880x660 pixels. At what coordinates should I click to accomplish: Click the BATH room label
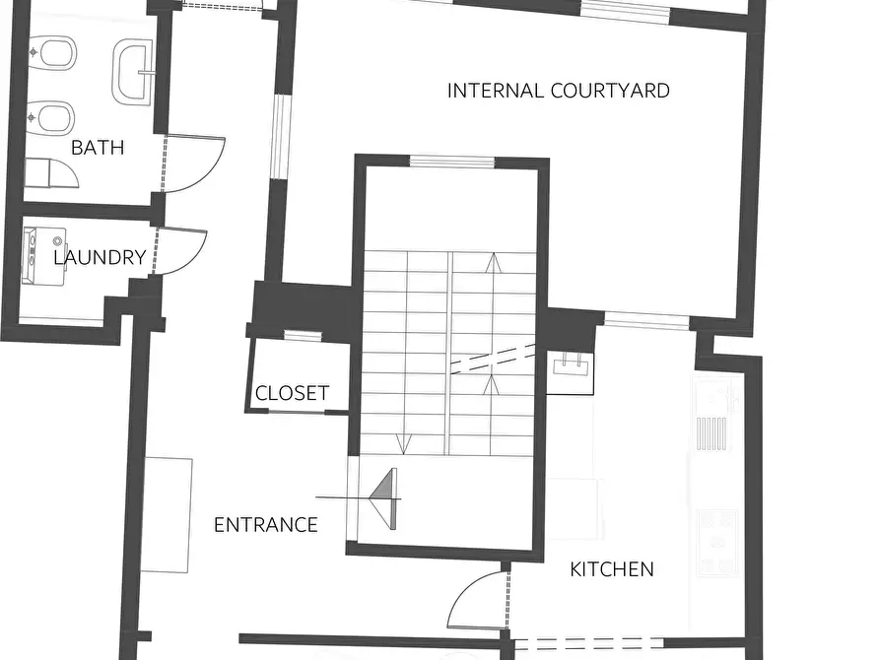(98, 148)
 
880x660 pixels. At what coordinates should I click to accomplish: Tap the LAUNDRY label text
(100, 258)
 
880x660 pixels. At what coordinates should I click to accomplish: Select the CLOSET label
(292, 393)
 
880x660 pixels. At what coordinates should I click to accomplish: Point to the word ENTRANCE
(266, 525)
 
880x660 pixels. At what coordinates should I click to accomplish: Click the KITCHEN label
(612, 569)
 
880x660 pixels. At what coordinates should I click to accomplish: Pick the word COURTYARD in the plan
(610, 91)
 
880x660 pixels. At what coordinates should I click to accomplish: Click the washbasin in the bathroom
(134, 72)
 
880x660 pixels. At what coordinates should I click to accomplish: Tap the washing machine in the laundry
(44, 256)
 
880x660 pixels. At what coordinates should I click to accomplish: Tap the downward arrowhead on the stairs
(403, 444)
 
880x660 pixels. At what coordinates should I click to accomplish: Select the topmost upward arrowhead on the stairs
(494, 262)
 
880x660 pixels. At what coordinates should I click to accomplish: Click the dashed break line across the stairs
(493, 358)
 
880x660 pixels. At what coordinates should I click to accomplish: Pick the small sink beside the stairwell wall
(571, 367)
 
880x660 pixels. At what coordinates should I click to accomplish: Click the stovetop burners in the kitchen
(716, 543)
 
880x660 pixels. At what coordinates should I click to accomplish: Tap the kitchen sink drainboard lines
(711, 433)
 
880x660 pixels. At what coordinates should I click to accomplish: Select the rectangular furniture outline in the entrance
(167, 515)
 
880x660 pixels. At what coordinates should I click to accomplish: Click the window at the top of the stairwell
(451, 163)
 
